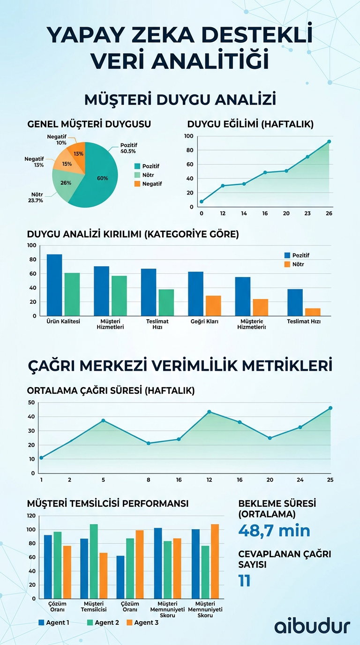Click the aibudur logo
coord(312,626)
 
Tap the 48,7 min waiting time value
coord(274,530)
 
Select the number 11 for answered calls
coord(244,580)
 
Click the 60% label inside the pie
coord(102,178)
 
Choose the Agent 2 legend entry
coord(103,622)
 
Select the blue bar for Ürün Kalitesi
coord(54,285)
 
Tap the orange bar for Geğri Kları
coord(213,306)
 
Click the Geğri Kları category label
coord(205,322)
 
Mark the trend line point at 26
coord(329,141)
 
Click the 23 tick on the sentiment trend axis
coord(307,213)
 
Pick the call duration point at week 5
coord(103,420)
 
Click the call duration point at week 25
coord(330,408)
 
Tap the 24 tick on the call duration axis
coord(300,480)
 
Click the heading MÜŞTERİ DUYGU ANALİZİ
coord(180,100)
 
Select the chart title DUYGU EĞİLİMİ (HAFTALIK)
coord(250,124)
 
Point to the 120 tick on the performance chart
coord(31,516)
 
